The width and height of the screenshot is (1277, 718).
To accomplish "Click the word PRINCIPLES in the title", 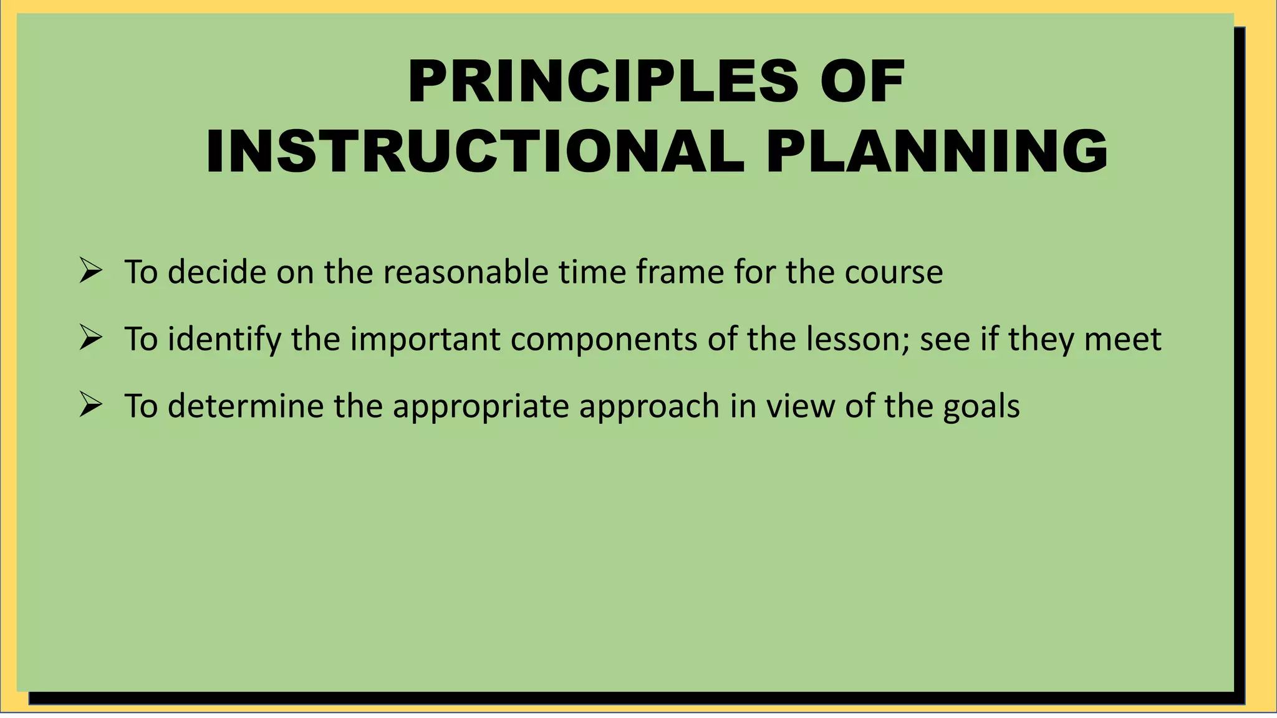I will pos(602,82).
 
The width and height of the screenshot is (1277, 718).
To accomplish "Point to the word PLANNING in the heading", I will pos(937,151).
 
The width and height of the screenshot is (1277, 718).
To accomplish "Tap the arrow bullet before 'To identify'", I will pos(91,338).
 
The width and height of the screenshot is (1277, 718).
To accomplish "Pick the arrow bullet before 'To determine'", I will pos(91,405).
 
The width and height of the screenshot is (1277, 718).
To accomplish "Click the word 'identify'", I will pos(224,340).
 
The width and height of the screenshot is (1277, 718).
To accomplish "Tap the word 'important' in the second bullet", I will pos(425,340).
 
